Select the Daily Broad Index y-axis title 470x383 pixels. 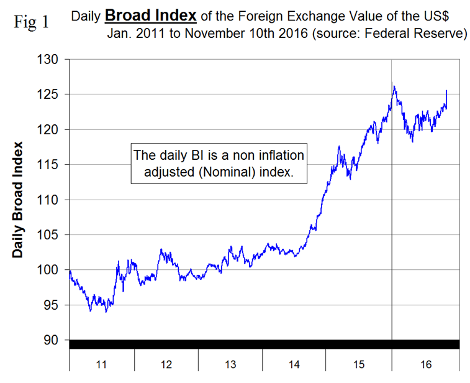[18, 200]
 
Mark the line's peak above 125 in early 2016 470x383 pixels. [394, 86]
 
